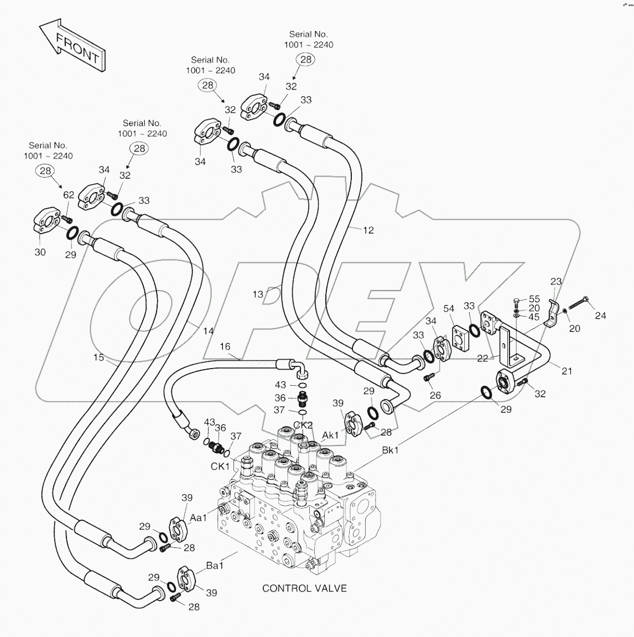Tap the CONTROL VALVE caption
coord(304,588)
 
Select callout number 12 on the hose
coord(368,230)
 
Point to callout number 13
coord(258,294)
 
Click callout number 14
coord(207,332)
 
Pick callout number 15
coord(98,358)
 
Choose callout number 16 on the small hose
coord(225,346)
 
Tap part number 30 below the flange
coord(40,252)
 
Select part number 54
coord(449,308)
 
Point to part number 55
coord(534,299)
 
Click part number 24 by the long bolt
coord(600,315)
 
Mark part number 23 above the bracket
coord(555,282)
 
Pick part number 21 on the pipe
coord(567,371)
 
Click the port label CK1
coord(220,467)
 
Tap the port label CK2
coord(303,425)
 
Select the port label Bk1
coord(390,450)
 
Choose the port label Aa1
coord(199,517)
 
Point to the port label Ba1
coord(215,566)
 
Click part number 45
coord(534,317)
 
